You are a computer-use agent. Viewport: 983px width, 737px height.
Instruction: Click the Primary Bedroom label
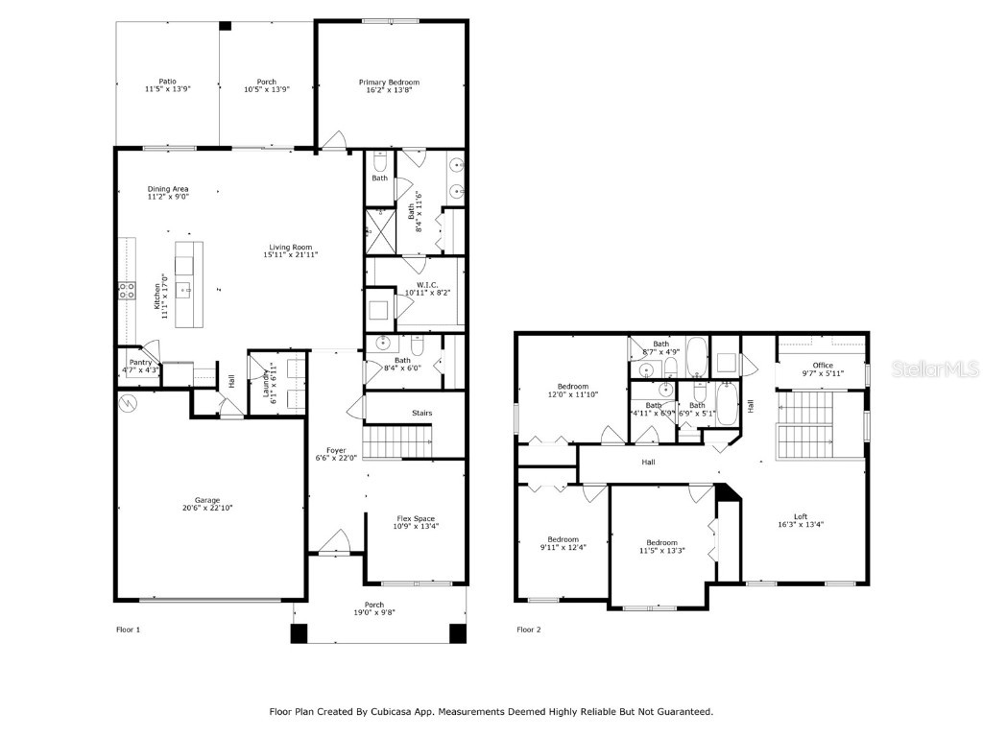(x=389, y=83)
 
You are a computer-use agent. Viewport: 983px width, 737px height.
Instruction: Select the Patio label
(x=167, y=82)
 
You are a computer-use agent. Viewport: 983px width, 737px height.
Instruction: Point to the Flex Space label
(x=417, y=518)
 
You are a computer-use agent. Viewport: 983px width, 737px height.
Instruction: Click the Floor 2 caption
(x=529, y=630)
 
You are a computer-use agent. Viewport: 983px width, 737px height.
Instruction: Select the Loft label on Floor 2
(x=801, y=516)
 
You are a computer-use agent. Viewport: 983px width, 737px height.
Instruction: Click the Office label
(x=822, y=365)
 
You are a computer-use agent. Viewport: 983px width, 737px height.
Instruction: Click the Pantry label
(x=140, y=361)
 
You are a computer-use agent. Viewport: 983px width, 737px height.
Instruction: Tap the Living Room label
(x=291, y=247)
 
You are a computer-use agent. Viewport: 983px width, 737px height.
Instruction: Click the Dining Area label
(x=168, y=189)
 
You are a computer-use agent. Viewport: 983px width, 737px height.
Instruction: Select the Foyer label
(x=336, y=450)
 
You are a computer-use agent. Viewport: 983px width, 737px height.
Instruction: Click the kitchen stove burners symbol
(x=126, y=290)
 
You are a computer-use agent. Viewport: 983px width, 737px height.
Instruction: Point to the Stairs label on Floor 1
(x=421, y=413)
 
